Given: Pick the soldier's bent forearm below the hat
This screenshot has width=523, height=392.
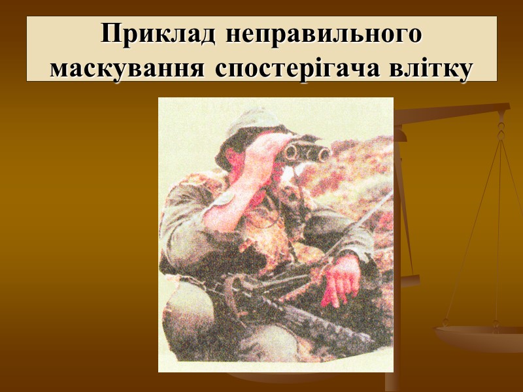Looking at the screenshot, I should [x=229, y=209].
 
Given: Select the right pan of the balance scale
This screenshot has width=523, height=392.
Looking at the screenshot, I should [x=481, y=336].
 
